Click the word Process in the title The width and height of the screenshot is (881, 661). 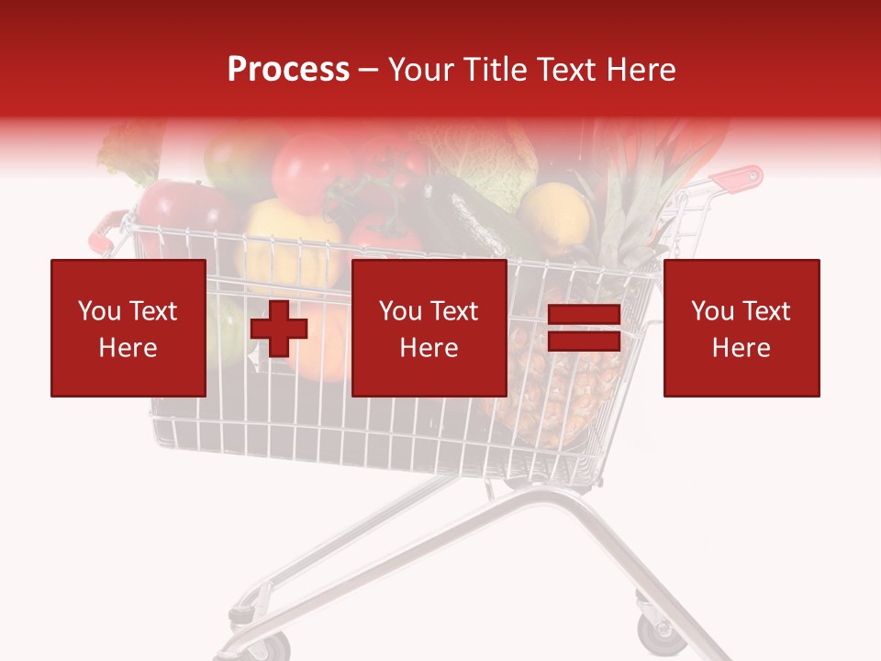[x=288, y=70]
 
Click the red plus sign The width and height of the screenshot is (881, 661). [x=278, y=328]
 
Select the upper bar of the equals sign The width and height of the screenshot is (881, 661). [x=585, y=314]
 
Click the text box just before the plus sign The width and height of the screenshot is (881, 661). [x=128, y=328]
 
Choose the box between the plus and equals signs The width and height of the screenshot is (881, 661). [x=429, y=328]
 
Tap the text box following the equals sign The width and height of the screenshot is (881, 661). [x=742, y=328]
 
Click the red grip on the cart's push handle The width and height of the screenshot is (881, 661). [x=740, y=178]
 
